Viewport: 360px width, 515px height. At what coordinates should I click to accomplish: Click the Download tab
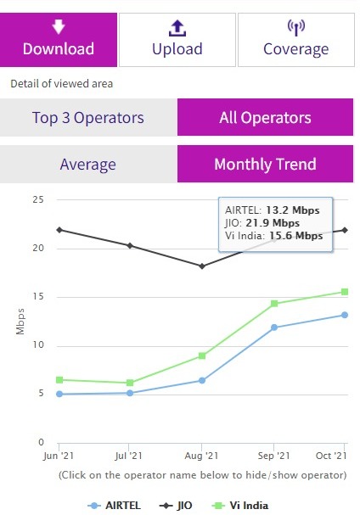59,39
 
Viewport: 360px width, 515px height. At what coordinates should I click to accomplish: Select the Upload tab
177,39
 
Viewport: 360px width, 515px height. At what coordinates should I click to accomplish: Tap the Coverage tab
295,39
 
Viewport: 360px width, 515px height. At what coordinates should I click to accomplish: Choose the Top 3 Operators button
88,117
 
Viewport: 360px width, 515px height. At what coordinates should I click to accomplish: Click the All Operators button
265,117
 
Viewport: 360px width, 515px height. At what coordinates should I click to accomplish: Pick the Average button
88,163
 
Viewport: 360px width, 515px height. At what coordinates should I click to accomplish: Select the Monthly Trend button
265,163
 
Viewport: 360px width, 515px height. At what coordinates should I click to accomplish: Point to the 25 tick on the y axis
37,199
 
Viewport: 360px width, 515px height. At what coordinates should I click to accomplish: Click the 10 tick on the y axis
37,345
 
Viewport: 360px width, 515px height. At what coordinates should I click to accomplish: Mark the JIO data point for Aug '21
201,266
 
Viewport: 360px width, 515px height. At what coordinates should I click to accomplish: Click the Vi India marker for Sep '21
273,304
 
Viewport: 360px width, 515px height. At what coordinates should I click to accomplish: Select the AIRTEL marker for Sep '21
273,327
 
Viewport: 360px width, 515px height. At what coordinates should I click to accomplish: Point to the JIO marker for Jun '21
58,230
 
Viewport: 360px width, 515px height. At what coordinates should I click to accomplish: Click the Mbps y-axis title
20,321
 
